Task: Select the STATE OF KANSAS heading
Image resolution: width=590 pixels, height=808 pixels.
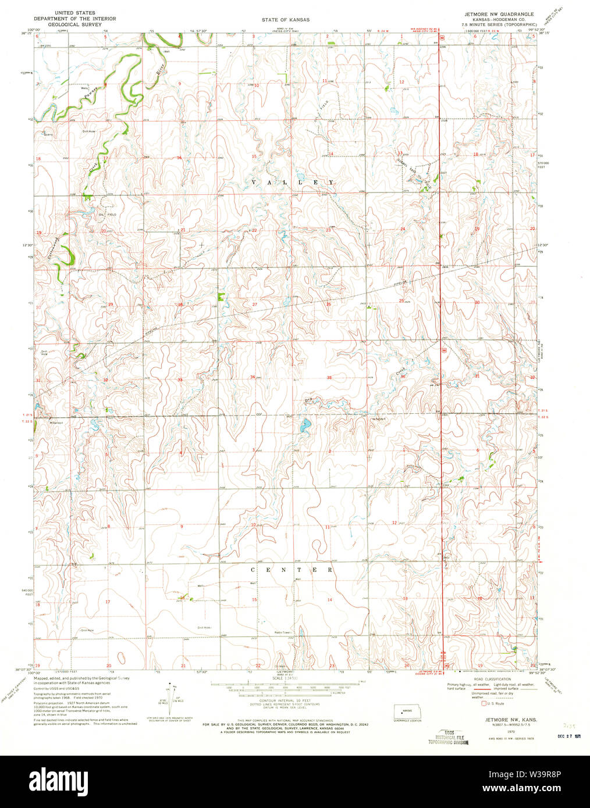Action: coord(285,20)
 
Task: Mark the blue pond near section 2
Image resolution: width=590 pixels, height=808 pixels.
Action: coord(304,427)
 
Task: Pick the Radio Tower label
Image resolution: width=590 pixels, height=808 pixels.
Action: coord(283,632)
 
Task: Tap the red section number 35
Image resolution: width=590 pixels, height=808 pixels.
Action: coord(329,378)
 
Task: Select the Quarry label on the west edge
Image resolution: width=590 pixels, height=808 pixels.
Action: coord(48,134)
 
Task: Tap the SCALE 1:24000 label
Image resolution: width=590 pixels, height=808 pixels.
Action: coord(285,678)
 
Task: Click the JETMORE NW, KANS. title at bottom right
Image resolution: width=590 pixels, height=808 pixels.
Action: coord(506,719)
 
